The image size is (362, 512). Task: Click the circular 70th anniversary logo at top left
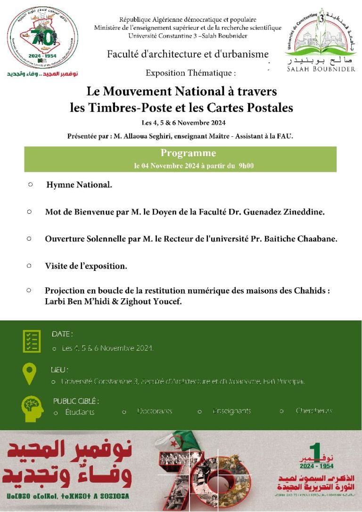tap(42, 38)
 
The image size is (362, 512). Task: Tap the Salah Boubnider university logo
tap(321, 40)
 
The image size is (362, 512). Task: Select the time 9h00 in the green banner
tap(246, 166)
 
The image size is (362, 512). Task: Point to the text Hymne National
tap(79, 185)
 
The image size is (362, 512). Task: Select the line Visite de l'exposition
tap(86, 266)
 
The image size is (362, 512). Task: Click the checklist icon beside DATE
tap(32, 341)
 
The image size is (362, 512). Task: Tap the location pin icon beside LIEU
tap(29, 374)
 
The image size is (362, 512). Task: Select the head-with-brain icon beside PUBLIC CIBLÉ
tap(32, 408)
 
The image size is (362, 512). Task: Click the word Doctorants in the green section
tap(155, 411)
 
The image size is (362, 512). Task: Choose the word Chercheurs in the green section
tap(314, 411)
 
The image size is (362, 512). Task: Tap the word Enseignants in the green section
tap(232, 411)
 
